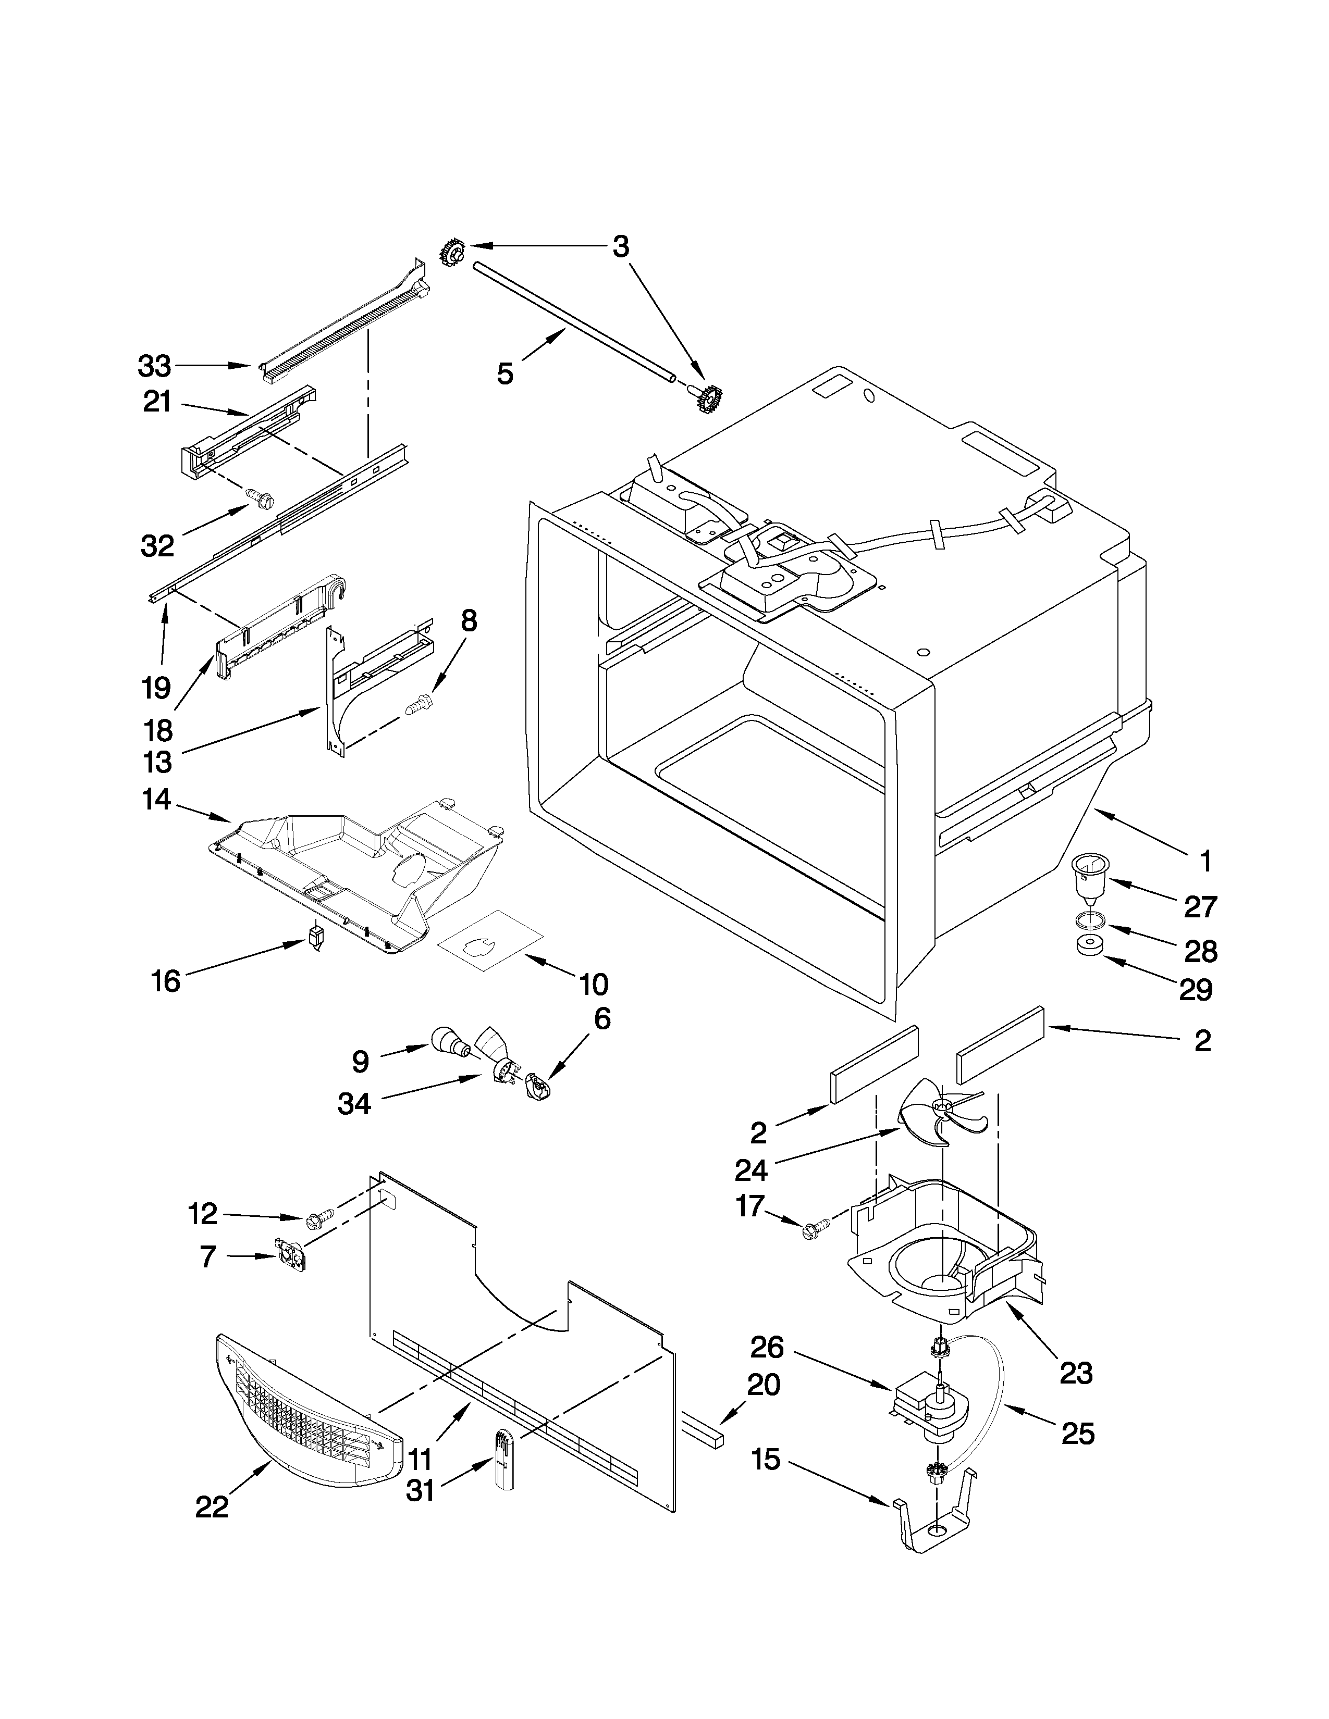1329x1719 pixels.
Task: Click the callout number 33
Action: (x=154, y=366)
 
